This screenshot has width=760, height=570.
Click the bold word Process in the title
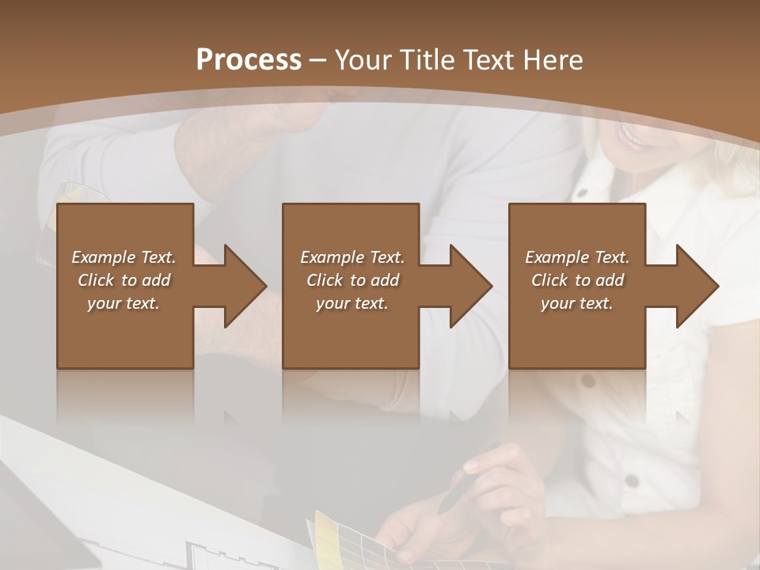pos(249,60)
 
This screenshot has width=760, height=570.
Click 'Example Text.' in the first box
pos(123,257)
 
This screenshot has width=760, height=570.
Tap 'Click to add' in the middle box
pos(352,280)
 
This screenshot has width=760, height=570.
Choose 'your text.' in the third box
pos(576,303)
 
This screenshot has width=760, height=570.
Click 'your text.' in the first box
pos(123,303)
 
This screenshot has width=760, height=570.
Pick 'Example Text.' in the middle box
pos(352,257)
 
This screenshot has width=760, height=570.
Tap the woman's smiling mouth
pos(633,139)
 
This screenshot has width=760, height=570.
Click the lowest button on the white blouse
pos(631,481)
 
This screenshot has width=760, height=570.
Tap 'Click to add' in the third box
pos(576,280)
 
